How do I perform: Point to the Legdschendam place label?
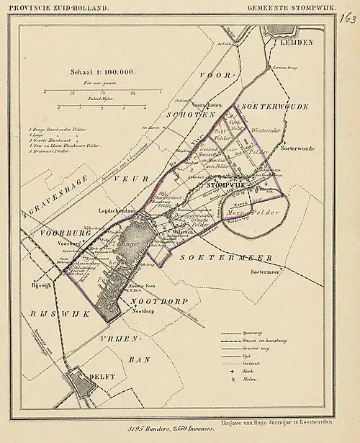point(116,210)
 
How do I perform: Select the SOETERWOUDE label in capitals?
point(276,107)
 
